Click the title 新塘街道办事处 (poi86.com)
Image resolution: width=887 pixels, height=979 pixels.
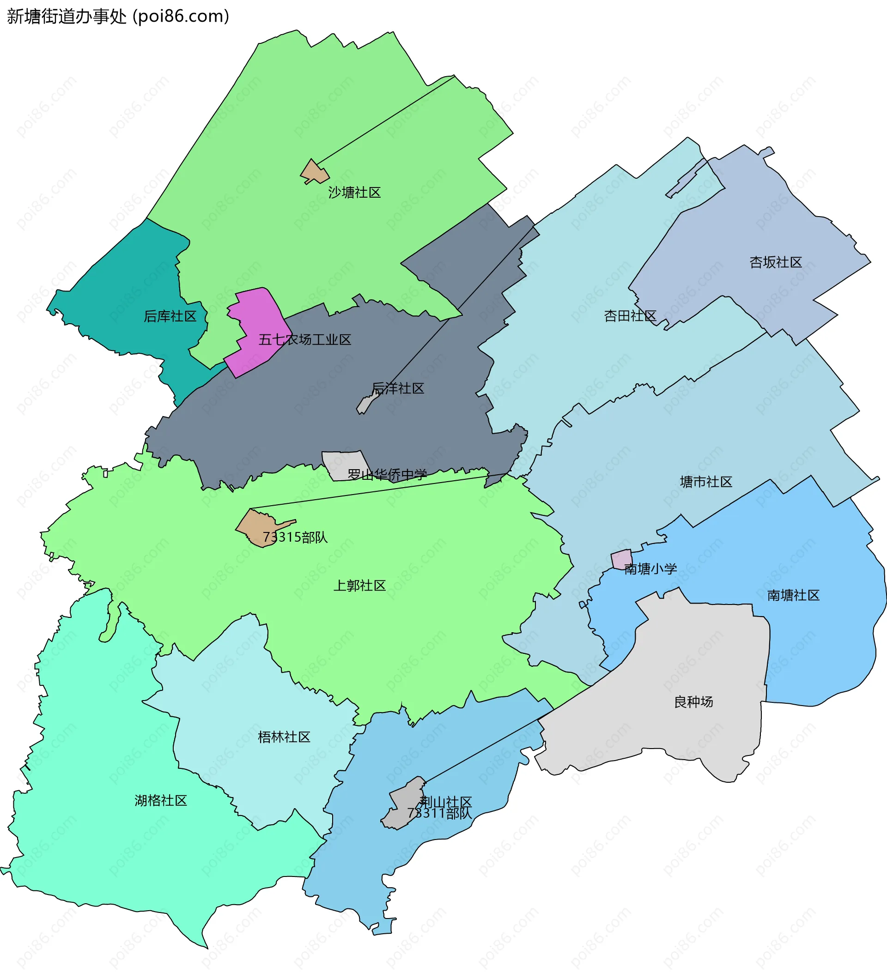117,17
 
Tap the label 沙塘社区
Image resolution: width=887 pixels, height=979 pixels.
354,193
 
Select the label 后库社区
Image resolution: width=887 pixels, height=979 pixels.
170,317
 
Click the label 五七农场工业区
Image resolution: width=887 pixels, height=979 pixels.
304,340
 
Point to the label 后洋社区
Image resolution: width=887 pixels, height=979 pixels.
398,388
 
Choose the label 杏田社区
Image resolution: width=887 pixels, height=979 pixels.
630,316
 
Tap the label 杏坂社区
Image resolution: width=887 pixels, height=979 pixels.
775,263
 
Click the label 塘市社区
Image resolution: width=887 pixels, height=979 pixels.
706,482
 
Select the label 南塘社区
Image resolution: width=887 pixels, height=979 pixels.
793,595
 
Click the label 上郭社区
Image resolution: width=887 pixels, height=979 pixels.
359,586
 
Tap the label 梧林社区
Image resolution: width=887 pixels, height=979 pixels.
284,737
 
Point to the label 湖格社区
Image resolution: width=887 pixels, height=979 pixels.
161,801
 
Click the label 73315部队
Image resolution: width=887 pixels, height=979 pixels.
295,538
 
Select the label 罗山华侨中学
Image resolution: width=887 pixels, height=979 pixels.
387,475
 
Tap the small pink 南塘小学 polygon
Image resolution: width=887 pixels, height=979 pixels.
621,559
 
